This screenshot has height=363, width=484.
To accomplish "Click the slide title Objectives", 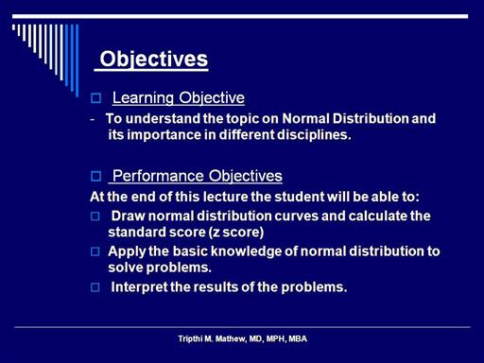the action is pos(154,60).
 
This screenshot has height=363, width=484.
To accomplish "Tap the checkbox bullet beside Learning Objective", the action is pos(95,98).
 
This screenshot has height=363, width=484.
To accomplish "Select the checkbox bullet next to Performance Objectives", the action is pos(95,176).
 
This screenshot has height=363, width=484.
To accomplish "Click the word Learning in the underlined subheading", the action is pos(143,98).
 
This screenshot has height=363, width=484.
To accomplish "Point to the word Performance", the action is pos(159,176).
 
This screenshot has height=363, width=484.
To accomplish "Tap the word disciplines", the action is pos(314,135).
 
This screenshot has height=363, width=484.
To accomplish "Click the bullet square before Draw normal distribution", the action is pos(95,216).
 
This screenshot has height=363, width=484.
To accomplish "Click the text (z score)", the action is pos(236,233).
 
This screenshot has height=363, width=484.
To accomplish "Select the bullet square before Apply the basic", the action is pos(95,251).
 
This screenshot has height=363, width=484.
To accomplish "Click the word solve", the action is pos(126,268).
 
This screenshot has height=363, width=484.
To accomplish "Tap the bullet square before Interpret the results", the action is pos(95,287).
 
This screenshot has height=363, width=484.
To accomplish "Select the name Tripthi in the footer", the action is pos(190,339).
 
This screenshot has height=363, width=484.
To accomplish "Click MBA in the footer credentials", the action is pos(298,339).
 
